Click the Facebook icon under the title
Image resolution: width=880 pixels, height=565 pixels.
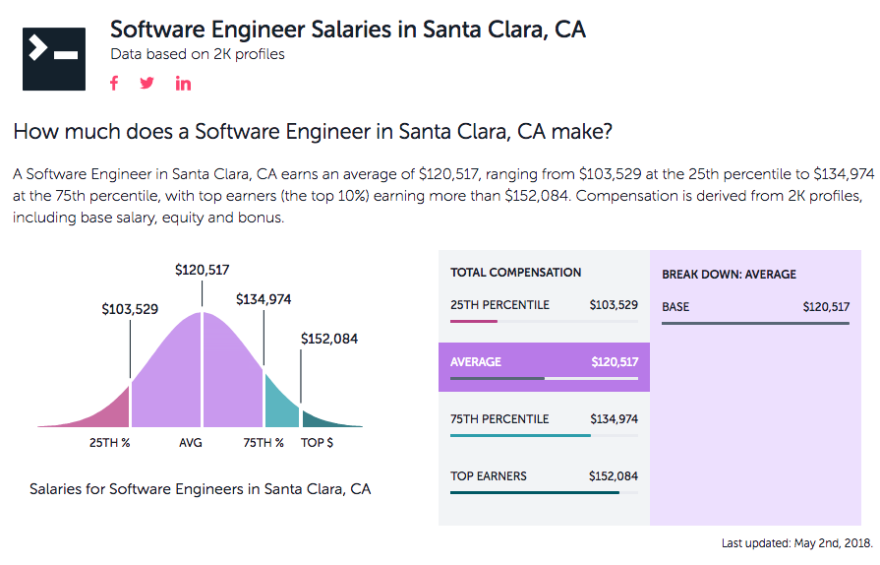[x=114, y=83]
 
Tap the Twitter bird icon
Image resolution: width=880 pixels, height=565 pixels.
[x=147, y=83]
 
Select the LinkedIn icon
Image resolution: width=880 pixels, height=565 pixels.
[x=183, y=83]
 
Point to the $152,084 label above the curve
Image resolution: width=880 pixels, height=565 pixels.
[x=328, y=339]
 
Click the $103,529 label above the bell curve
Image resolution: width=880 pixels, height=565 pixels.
[x=130, y=309]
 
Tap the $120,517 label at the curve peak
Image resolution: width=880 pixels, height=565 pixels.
[x=202, y=270]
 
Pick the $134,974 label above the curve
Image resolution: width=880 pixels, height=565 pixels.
[x=264, y=299]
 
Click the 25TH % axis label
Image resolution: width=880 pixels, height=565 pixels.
[x=110, y=443]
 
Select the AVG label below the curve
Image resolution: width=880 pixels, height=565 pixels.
[x=191, y=443]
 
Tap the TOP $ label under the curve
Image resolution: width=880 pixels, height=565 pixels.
[x=317, y=443]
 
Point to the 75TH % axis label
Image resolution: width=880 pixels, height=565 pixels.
[x=264, y=443]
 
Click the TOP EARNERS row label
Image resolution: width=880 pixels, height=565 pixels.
[x=489, y=476]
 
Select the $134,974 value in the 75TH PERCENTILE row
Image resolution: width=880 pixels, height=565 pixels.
[x=614, y=419]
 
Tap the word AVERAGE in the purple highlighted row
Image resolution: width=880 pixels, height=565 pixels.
[x=476, y=362]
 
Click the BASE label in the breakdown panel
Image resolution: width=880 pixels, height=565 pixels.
[x=675, y=307]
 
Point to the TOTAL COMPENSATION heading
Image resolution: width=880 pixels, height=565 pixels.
[x=516, y=273]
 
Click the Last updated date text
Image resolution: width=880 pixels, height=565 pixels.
[x=796, y=543]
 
